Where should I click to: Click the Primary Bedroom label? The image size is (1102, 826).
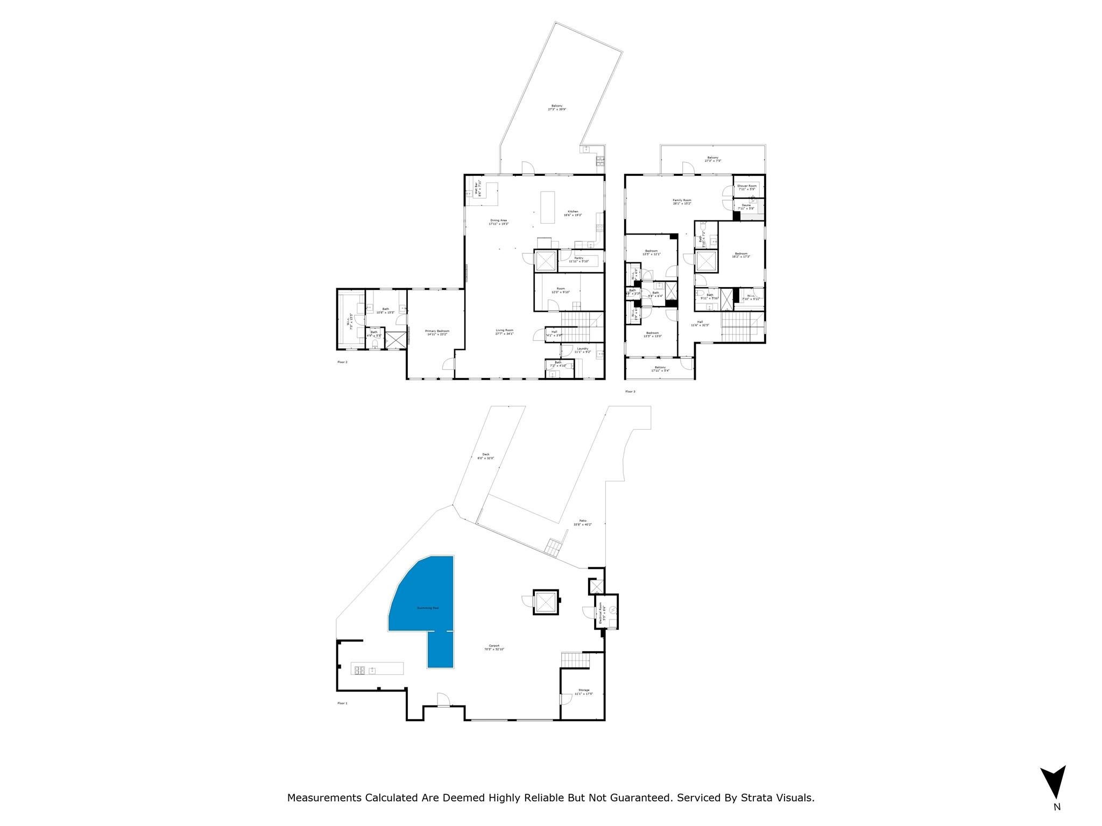click(437, 333)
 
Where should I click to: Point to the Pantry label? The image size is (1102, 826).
click(578, 259)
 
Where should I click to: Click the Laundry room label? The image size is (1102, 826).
click(582, 350)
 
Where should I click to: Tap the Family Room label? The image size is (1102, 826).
click(682, 201)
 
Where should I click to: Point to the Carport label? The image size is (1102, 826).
click(494, 647)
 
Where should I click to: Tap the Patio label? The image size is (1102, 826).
click(583, 522)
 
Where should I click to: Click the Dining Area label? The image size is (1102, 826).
click(498, 221)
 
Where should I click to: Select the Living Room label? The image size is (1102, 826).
click(504, 331)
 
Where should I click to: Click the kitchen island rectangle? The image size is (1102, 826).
click(547, 207)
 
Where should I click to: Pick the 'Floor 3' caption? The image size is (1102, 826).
click(630, 391)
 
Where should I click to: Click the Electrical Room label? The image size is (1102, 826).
click(601, 614)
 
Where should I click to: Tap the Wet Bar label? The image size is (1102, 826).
click(477, 189)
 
